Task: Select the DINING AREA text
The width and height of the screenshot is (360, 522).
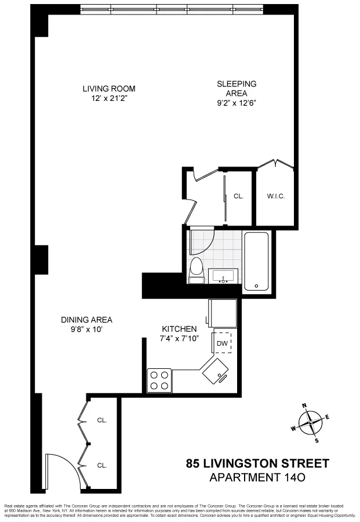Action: [x=86, y=320]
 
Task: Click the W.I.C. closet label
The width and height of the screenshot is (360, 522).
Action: [x=275, y=196]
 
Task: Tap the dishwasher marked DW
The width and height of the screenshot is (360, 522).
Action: [x=222, y=343]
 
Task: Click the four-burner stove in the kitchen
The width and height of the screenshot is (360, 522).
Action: [x=159, y=380]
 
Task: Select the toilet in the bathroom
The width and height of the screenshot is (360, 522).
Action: [x=197, y=270]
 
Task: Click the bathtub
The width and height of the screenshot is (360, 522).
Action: [x=256, y=262]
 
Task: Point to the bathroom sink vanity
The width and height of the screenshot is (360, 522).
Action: [x=224, y=276]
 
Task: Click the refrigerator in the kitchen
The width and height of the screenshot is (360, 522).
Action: [x=222, y=313]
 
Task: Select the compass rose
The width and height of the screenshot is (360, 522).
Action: [x=311, y=423]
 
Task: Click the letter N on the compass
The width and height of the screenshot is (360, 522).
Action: [x=304, y=405]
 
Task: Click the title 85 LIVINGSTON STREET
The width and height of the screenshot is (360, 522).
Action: [x=257, y=463]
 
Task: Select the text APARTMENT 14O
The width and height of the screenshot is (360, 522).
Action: [x=257, y=478]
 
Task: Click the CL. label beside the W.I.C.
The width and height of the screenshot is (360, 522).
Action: [x=238, y=196]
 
